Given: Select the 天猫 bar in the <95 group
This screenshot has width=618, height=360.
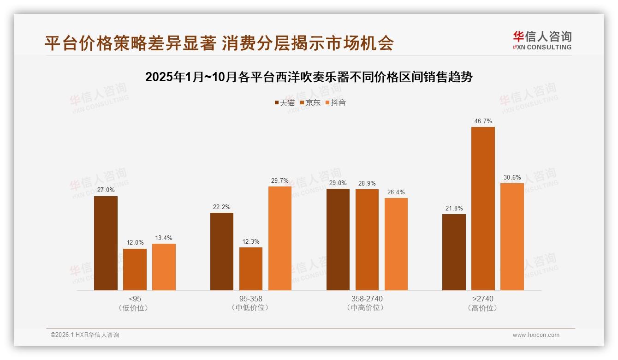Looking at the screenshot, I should [106, 243].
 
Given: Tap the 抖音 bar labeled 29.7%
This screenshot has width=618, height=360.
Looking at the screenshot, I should [280, 238].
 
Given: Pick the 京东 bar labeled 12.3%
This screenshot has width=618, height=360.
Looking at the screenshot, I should [251, 269].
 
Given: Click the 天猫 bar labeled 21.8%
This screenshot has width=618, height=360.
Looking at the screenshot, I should [454, 252].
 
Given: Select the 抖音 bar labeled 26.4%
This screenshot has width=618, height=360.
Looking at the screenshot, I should [396, 244].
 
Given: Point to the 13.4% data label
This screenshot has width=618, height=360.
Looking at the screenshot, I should [164, 238].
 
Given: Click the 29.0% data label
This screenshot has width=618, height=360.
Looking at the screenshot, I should [338, 183].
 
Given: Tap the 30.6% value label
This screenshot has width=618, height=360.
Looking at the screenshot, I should [512, 178].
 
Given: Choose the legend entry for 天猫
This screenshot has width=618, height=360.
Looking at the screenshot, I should [285, 103].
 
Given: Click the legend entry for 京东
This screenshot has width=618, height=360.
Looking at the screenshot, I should [310, 103].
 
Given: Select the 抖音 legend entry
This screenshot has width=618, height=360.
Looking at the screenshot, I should [336, 103].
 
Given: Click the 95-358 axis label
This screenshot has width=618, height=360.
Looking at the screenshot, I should [251, 299].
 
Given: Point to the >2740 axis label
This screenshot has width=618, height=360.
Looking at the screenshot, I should [483, 299].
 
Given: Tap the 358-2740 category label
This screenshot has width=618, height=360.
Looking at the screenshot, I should [367, 299].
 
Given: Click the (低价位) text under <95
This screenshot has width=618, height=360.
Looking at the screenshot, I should [135, 308].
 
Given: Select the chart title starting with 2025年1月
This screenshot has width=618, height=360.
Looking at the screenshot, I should [309, 77].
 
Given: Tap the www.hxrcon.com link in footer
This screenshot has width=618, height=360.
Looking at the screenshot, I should [536, 335].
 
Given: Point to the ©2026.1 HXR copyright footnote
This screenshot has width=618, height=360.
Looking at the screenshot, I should [85, 335].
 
